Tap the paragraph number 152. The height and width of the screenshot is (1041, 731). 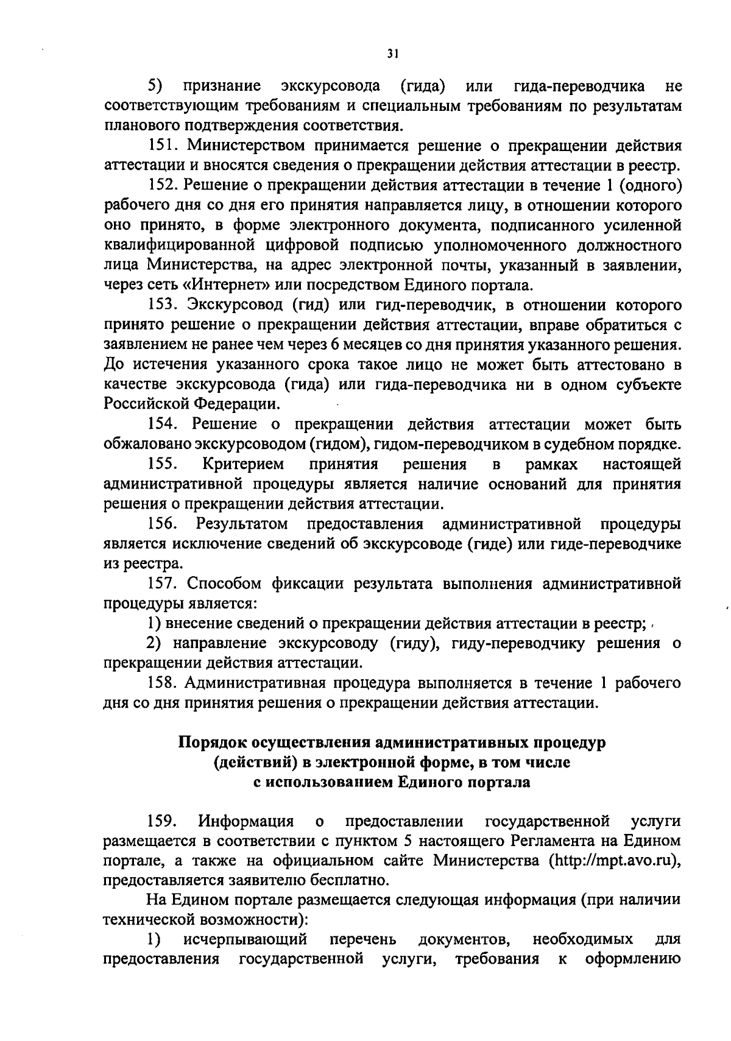tap(163, 185)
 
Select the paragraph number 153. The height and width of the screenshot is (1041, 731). tap(163, 305)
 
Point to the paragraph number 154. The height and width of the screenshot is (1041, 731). tap(163, 424)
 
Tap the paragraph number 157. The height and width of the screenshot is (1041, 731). tap(163, 584)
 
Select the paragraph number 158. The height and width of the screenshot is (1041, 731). tap(163, 683)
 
